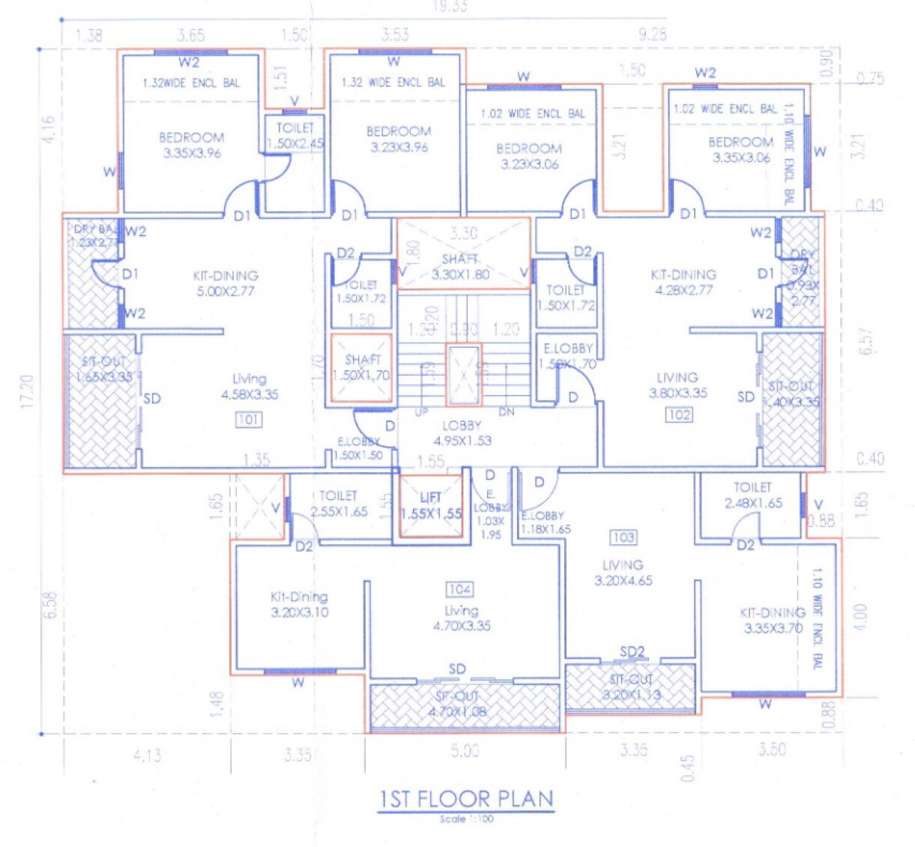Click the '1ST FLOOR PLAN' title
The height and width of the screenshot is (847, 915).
pyautogui.click(x=466, y=799)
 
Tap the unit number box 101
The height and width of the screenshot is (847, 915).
pyautogui.click(x=249, y=420)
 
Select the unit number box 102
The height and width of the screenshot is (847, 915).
pyautogui.click(x=679, y=415)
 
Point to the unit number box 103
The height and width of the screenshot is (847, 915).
pyautogui.click(x=623, y=537)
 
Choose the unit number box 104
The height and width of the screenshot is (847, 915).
pyautogui.click(x=459, y=589)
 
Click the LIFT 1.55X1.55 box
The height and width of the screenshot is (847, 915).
pyautogui.click(x=430, y=507)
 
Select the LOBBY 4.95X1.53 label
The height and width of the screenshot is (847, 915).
pyautogui.click(x=462, y=433)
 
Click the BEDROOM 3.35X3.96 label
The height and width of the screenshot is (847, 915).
pyautogui.click(x=192, y=145)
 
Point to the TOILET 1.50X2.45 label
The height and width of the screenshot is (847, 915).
pyautogui.click(x=295, y=136)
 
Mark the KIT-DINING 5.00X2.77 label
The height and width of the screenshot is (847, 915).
pyautogui.click(x=226, y=283)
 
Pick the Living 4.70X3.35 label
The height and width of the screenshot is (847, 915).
pyautogui.click(x=462, y=618)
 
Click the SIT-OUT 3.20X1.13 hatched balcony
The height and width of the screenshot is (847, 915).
pyautogui.click(x=631, y=687)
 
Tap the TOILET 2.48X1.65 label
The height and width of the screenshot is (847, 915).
pyautogui.click(x=753, y=495)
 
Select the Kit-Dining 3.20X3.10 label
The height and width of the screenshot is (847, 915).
pyautogui.click(x=299, y=604)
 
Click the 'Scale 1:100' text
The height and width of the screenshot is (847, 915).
pyautogui.click(x=466, y=819)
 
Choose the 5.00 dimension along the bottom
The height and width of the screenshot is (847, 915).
pyautogui.click(x=465, y=750)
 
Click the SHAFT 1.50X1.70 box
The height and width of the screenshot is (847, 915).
pyautogui.click(x=362, y=367)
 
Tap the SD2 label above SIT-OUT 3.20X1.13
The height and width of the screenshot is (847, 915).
pyautogui.click(x=632, y=651)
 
